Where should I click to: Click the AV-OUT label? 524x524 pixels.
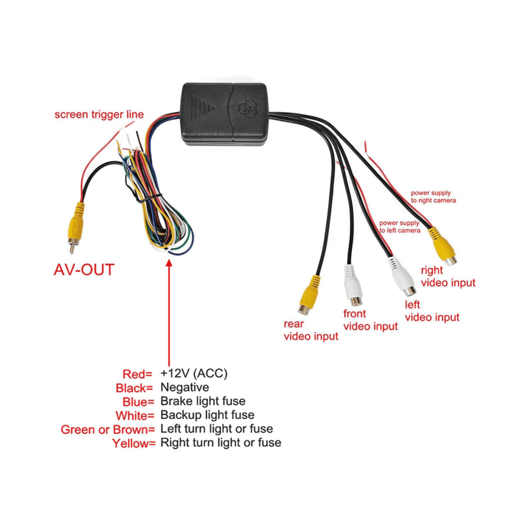pos(84,270)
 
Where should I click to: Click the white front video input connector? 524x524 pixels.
pos(353,285)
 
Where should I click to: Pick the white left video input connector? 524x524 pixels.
pos(402,276)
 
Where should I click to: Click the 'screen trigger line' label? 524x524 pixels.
pos(99,115)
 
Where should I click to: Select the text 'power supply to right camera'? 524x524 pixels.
pos(433,197)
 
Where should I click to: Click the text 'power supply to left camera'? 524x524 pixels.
pos(399,227)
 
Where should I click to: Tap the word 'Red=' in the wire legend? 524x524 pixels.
pos(137,374)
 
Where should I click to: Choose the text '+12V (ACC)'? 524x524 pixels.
pos(194,373)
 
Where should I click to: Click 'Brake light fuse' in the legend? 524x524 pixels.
pos(203,401)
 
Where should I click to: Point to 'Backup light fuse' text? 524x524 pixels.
pos(207,415)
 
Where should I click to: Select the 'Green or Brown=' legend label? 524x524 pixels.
pos(108,429)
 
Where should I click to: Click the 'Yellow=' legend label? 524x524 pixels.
pos(134,444)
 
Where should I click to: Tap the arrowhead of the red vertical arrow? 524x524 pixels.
pos(169,263)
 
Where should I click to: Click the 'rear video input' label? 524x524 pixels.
pos(311,330)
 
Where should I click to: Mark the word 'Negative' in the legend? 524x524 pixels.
pos(185,387)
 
